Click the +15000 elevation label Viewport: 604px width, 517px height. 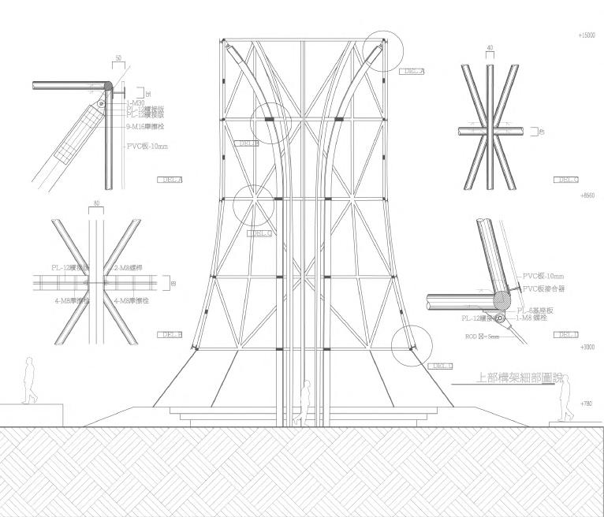[x=587, y=36]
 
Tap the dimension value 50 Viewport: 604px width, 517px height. [x=117, y=58]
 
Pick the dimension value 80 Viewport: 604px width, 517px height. [x=97, y=203]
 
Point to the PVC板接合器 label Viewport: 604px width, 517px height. [x=544, y=289]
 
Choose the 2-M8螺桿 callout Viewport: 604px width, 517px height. [x=128, y=268]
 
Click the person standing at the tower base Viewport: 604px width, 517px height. [x=303, y=404]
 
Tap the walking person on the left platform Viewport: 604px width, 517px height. [x=29, y=381]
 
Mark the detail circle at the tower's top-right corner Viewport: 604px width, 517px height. [x=384, y=52]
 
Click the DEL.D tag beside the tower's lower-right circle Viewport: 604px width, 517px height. [x=441, y=366]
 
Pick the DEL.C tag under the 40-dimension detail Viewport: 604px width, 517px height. [x=567, y=180]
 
